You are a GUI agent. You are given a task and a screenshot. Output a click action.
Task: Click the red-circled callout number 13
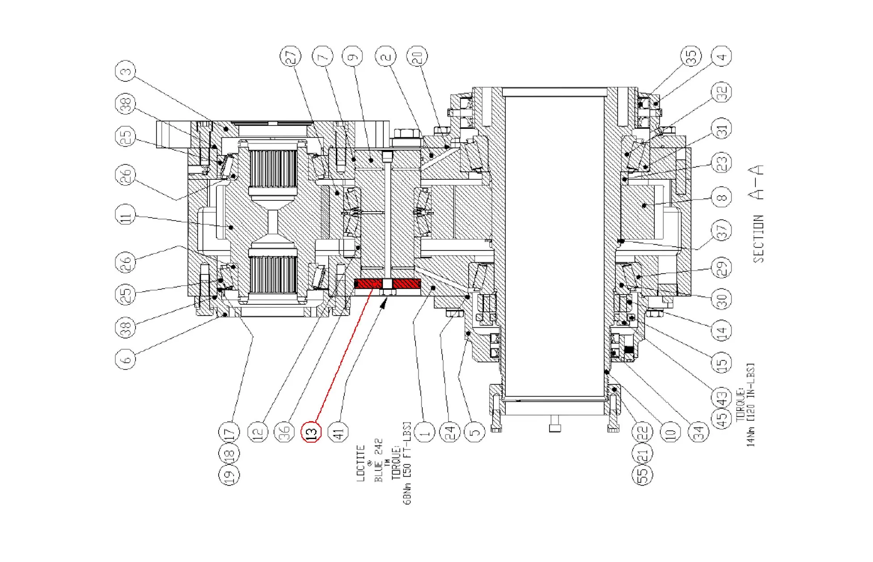pyautogui.click(x=311, y=432)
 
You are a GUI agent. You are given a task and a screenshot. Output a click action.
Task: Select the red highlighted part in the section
pyautogui.click(x=387, y=284)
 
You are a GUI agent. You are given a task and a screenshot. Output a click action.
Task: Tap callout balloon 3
pyautogui.click(x=126, y=72)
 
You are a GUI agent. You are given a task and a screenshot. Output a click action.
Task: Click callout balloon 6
pyautogui.click(x=126, y=358)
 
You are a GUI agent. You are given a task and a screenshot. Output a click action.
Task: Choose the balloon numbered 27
pyautogui.click(x=291, y=57)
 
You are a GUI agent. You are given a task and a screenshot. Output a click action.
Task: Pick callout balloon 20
pyautogui.click(x=417, y=57)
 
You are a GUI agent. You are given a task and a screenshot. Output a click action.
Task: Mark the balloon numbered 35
pyautogui.click(x=691, y=57)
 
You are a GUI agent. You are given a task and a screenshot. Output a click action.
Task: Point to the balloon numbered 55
pyautogui.click(x=642, y=474)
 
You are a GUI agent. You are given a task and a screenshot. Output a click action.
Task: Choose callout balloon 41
pyautogui.click(x=339, y=432)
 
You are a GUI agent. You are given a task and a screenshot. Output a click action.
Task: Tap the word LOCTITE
pyautogui.click(x=361, y=463)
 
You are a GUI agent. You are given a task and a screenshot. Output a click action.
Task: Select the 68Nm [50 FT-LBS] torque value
pyautogui.click(x=407, y=463)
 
